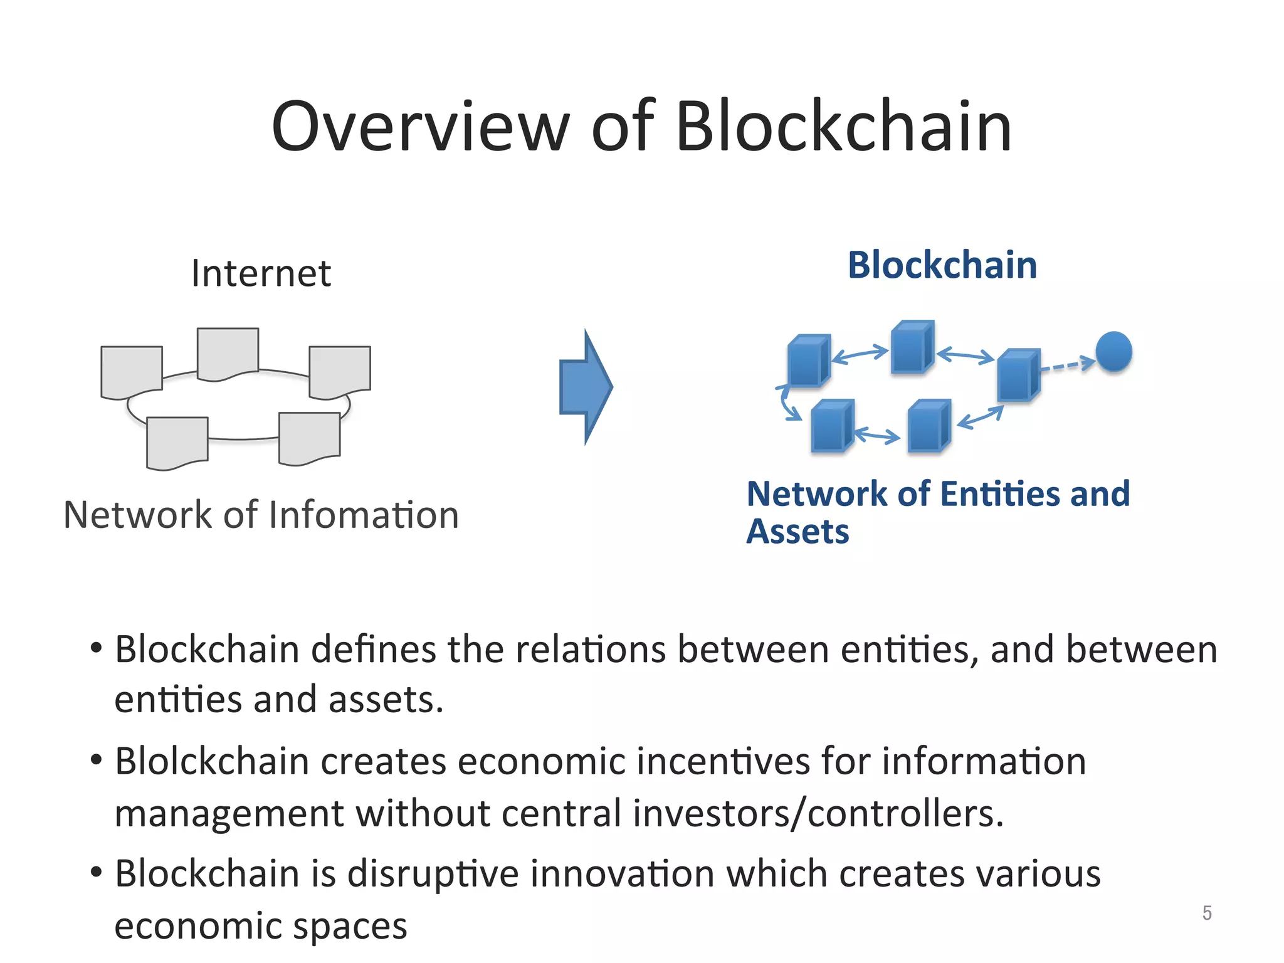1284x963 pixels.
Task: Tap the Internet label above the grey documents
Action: click(261, 273)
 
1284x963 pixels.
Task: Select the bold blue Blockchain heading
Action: click(942, 265)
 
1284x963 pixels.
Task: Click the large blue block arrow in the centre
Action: click(584, 387)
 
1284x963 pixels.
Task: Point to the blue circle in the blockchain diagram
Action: click(1113, 351)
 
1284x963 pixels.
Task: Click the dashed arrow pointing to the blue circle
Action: click(1067, 365)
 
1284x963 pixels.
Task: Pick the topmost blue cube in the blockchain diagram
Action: click(912, 347)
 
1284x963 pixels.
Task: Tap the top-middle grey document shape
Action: click(228, 353)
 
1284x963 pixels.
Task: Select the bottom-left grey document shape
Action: click(177, 442)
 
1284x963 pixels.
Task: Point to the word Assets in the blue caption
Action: click(797, 532)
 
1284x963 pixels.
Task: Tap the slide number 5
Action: click(1207, 913)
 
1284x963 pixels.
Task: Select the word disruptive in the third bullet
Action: click(433, 874)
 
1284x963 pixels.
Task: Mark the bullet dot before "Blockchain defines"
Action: click(96, 647)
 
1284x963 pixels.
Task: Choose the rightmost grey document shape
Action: click(340, 371)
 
